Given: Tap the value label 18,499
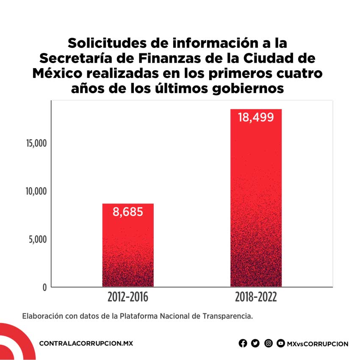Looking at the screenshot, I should click(x=256, y=117).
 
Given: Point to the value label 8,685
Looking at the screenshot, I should click(x=128, y=212).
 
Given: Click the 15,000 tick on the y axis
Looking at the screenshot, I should click(x=36, y=143).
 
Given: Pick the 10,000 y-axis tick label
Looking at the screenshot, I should click(x=36, y=191).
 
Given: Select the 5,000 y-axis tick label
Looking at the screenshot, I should click(x=37, y=239).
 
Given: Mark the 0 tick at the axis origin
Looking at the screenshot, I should click(x=44, y=288).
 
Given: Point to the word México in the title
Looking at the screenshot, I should click(x=58, y=73).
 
